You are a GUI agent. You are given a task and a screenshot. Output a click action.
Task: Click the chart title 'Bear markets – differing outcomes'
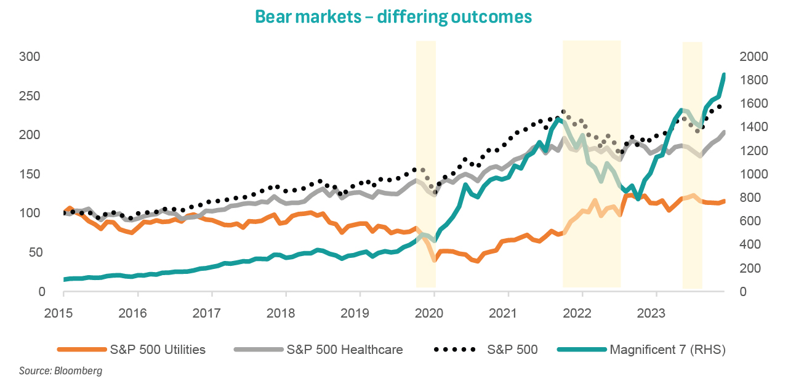[394, 17]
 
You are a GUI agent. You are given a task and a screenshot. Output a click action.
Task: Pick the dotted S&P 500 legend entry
[486, 350]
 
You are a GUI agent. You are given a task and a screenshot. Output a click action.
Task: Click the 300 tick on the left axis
[30, 57]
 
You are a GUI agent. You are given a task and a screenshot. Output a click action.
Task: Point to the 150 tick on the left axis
[30, 174]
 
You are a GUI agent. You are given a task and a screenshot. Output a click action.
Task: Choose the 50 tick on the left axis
[33, 252]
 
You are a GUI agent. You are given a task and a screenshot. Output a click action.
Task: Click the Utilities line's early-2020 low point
[434, 260]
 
